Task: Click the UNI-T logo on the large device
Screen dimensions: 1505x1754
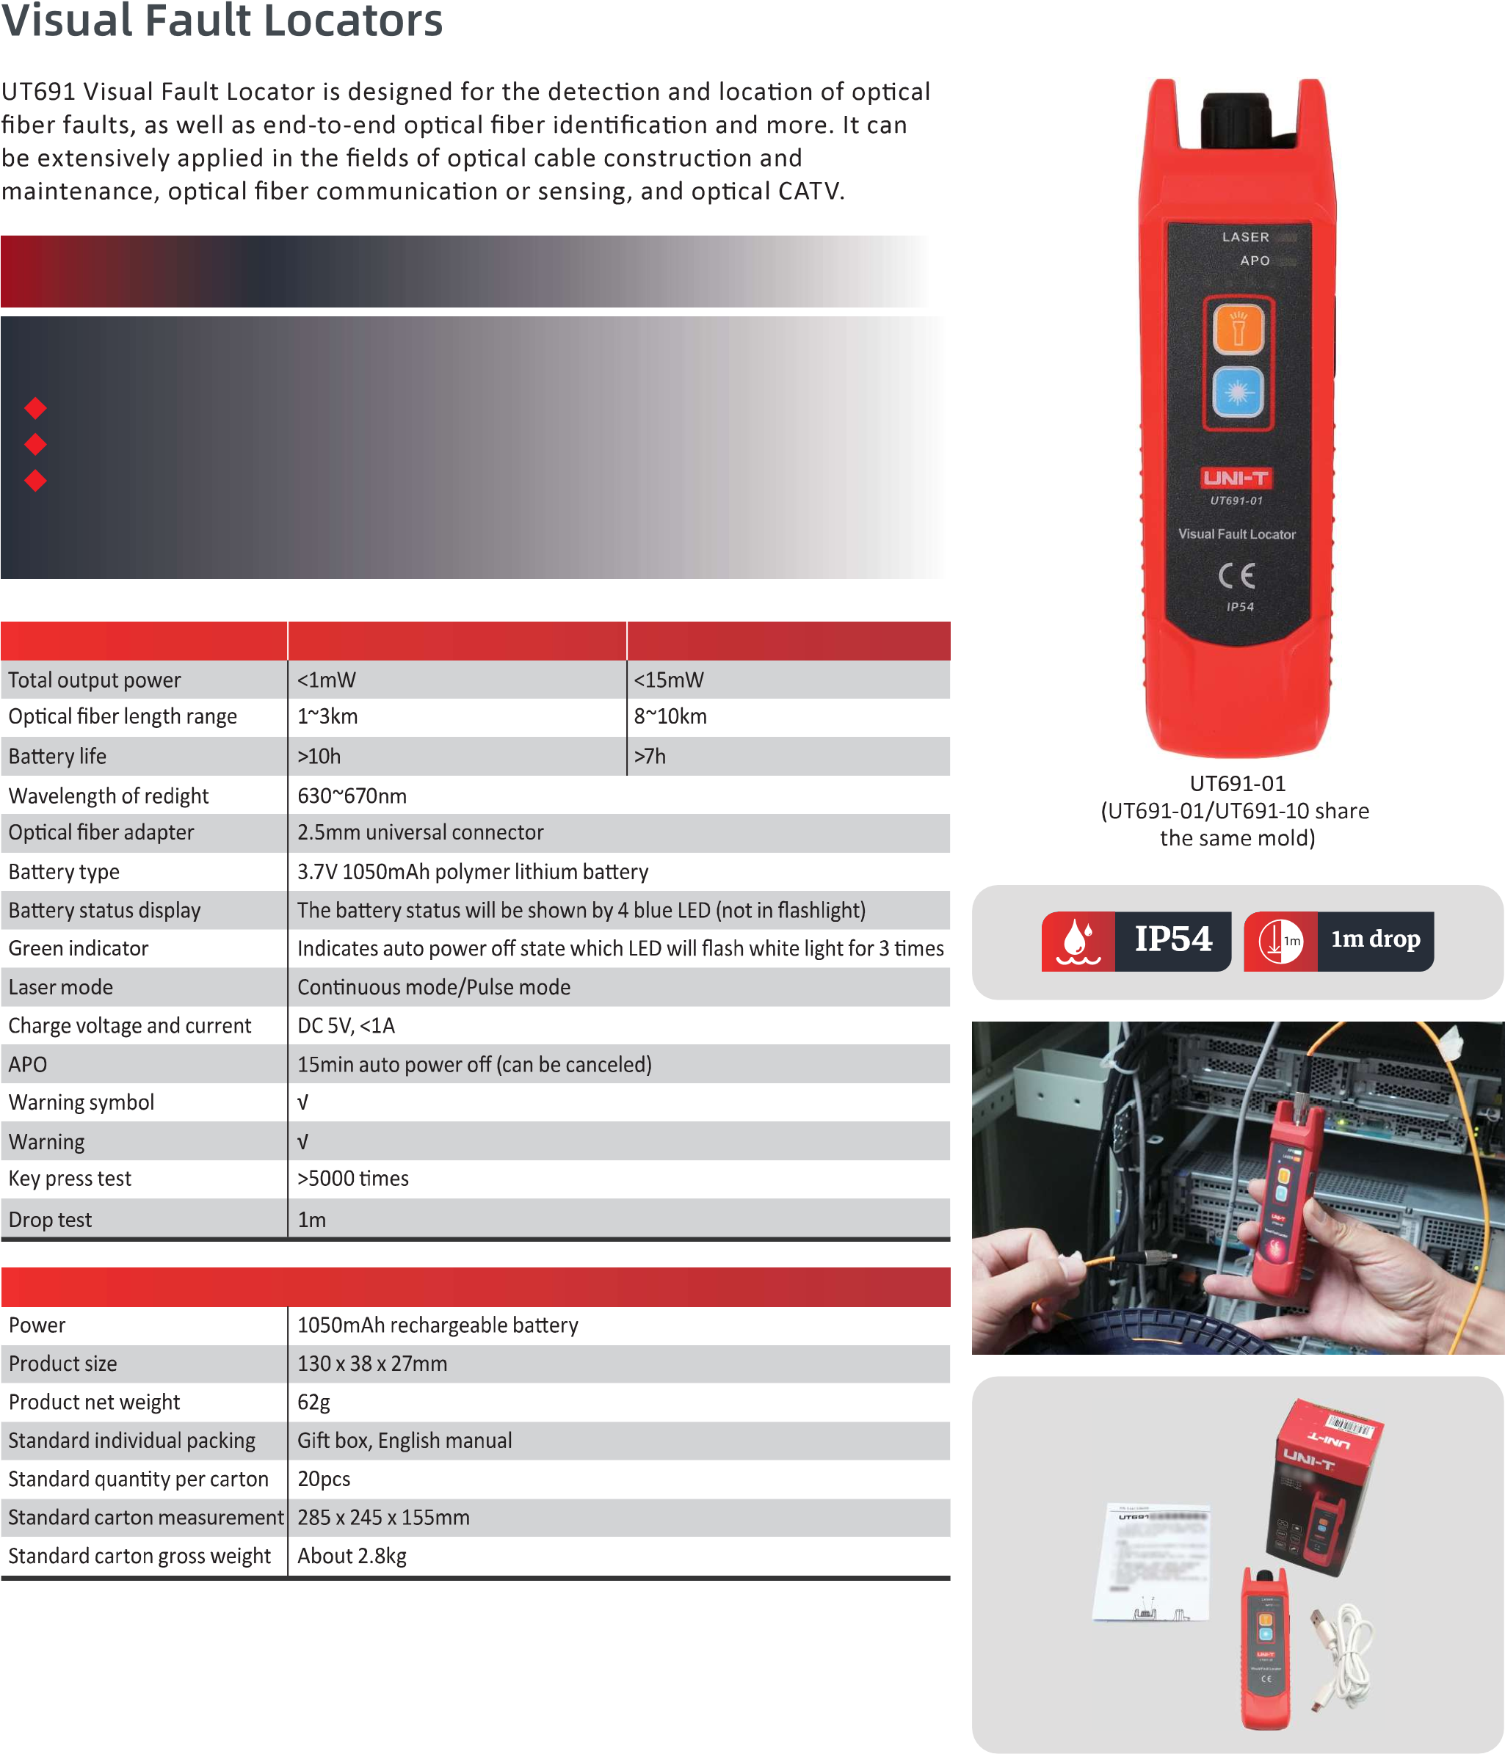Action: (1236, 478)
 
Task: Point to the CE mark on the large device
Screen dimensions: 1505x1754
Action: (1236, 577)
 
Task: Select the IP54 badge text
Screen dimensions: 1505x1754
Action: (1173, 939)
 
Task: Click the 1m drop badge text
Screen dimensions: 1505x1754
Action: (1375, 939)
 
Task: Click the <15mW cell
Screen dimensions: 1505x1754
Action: (668, 680)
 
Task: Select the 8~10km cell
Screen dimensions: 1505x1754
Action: (670, 716)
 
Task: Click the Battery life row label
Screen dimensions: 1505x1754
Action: (57, 756)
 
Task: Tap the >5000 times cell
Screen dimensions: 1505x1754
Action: (352, 1179)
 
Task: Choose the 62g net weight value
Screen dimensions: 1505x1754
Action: (313, 1402)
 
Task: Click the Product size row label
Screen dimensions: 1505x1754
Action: (62, 1364)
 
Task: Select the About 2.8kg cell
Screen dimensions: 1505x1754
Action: (352, 1556)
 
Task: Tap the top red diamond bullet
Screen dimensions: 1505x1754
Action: (35, 408)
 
